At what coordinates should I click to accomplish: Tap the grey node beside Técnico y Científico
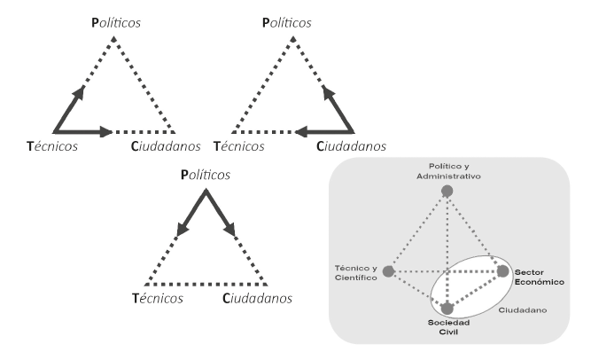click(x=387, y=270)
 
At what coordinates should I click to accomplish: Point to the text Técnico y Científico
click(x=356, y=272)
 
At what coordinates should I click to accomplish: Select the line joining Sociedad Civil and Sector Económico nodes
click(x=476, y=289)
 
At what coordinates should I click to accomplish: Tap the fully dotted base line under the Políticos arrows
click(x=206, y=280)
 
